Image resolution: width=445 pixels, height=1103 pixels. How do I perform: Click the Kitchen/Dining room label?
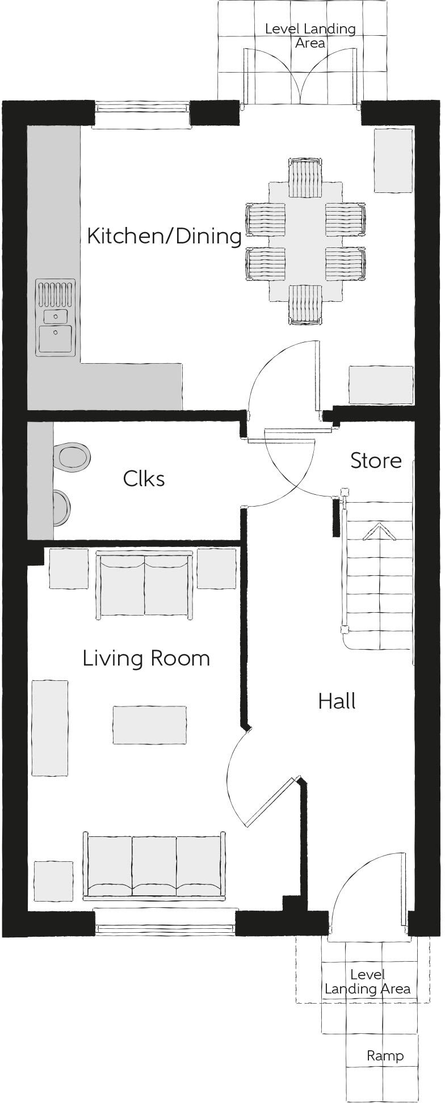(164, 236)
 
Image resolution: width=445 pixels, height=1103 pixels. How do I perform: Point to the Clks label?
(144, 479)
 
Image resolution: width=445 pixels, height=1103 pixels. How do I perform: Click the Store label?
(376, 461)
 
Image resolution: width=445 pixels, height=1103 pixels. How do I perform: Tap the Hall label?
(337, 701)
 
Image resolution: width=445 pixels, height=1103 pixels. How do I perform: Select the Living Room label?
(146, 659)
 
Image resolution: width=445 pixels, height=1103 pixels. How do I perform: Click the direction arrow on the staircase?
(379, 533)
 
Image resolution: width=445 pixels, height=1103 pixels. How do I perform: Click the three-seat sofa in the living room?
(154, 867)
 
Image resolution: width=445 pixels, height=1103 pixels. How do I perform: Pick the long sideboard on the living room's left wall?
(50, 728)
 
